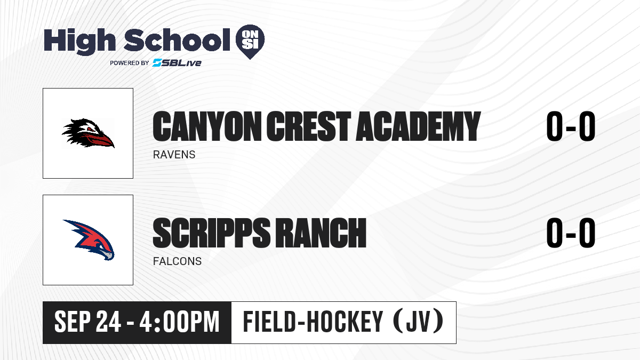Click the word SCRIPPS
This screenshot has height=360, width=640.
(x=211, y=233)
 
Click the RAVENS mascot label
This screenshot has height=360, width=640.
(x=174, y=155)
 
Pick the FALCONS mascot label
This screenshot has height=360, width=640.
(x=177, y=261)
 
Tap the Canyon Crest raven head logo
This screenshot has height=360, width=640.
(x=88, y=133)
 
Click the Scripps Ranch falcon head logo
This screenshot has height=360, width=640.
(x=89, y=240)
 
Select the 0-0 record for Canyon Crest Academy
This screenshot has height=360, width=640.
(x=571, y=126)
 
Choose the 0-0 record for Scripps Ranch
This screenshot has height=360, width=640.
(x=571, y=233)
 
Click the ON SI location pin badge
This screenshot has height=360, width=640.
(x=250, y=42)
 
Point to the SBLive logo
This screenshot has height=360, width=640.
(x=177, y=63)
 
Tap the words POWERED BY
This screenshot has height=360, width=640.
(x=129, y=63)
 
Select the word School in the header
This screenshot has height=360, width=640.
(x=177, y=40)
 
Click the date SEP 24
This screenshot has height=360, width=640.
(x=87, y=322)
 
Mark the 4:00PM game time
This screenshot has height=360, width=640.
(x=179, y=322)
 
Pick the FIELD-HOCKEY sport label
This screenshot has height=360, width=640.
(x=313, y=322)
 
